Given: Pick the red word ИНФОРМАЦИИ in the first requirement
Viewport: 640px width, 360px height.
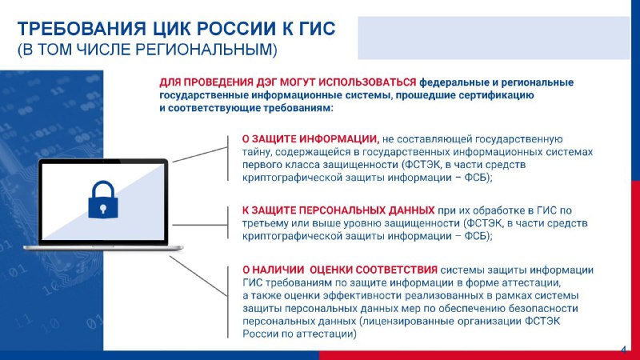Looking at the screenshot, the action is (338, 139).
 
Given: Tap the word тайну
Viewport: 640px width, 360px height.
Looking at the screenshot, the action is (256, 152).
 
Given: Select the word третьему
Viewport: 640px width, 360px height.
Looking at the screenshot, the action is (265, 223).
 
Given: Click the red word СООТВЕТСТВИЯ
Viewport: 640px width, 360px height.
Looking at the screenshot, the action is (396, 270).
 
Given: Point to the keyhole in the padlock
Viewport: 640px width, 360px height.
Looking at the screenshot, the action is (103, 210).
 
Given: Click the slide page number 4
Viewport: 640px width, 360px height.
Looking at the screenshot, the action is (623, 350).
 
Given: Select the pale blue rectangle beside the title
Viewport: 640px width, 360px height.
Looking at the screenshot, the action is (494, 38).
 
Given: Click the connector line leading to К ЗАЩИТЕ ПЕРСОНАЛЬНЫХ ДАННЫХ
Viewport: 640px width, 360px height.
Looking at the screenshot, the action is (200, 225).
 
